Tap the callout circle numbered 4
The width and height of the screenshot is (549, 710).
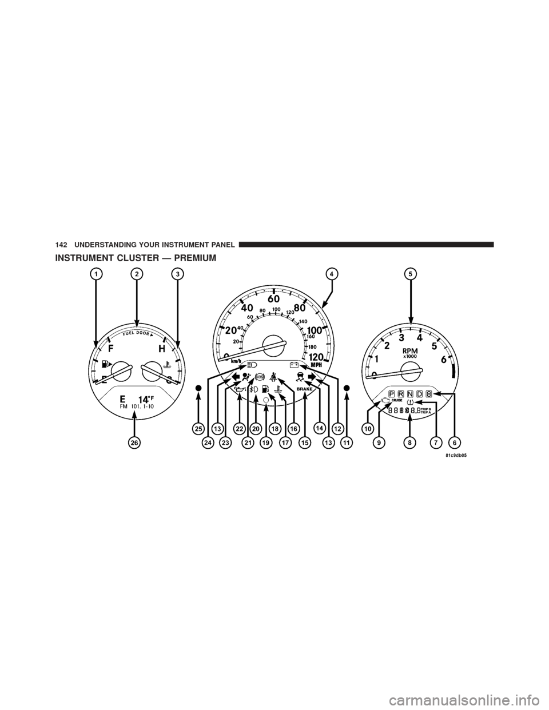pyautogui.click(x=331, y=274)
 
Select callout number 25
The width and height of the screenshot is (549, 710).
pyautogui.click(x=198, y=428)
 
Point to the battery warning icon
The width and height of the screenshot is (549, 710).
pyautogui.click(x=295, y=364)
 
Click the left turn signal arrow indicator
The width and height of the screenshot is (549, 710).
pyautogui.click(x=235, y=377)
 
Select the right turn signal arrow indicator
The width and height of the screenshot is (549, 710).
pyautogui.click(x=312, y=376)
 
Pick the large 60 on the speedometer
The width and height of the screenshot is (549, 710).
pyautogui.click(x=274, y=298)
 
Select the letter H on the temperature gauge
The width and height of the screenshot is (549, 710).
pyautogui.click(x=162, y=348)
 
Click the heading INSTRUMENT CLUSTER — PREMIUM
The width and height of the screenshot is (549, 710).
pyautogui.click(x=136, y=258)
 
